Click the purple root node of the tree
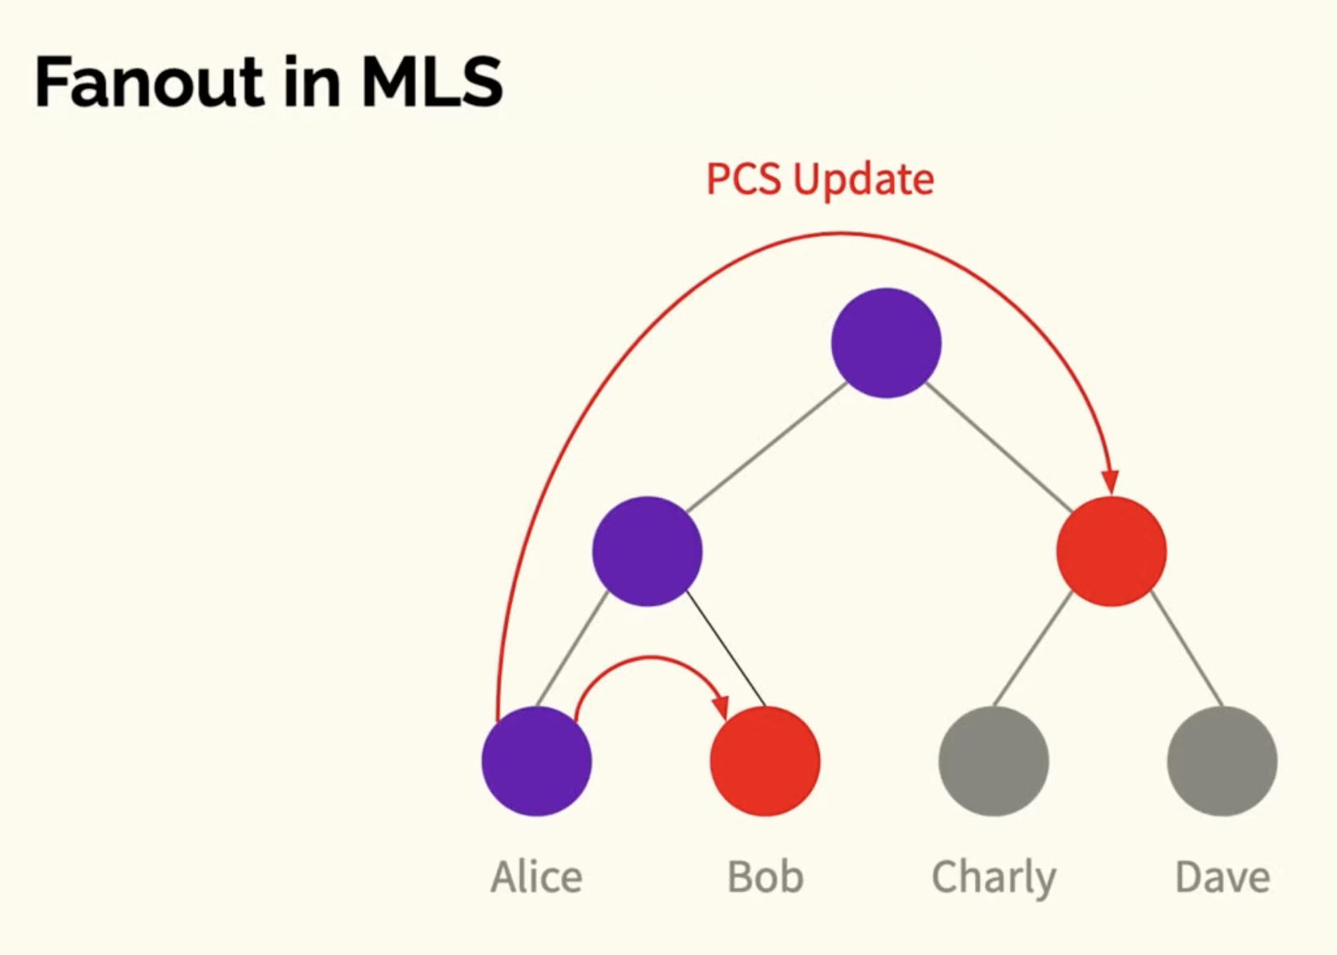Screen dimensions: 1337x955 coord(887,343)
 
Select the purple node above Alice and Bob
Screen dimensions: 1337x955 coord(647,551)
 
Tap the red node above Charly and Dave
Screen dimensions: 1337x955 coord(1112,551)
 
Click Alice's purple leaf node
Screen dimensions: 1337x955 coord(536,761)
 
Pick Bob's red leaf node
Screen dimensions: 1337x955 coord(765,761)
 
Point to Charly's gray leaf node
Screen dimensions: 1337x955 coord(994,761)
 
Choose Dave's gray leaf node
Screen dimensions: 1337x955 coord(1222,761)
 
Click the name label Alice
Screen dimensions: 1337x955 coord(536,876)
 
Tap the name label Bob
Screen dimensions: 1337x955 coord(765,876)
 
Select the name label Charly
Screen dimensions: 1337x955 coord(994,879)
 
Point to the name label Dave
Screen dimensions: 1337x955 coord(1222,876)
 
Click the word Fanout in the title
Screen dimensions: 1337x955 coord(149,82)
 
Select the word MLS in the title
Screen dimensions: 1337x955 coord(432,82)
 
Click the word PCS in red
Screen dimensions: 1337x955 coord(744,179)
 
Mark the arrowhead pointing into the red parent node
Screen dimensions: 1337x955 coord(1110,482)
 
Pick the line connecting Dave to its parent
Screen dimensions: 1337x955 coord(1186,649)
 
